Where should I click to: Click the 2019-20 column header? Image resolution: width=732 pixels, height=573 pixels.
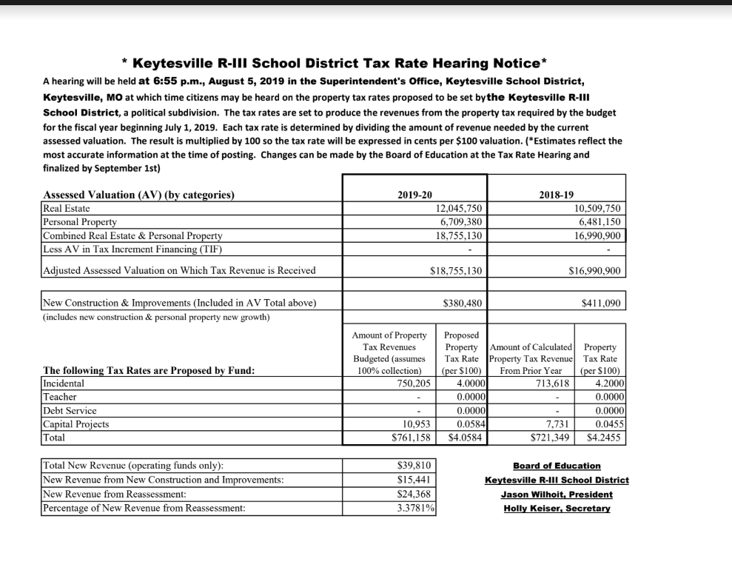point(414,195)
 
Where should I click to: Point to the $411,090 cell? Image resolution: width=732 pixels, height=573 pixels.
point(602,303)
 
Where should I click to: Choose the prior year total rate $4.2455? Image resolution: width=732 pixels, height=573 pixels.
point(604,438)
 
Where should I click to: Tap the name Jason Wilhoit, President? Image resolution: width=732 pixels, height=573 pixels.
point(557,494)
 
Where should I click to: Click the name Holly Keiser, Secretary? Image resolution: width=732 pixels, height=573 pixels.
point(557,508)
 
